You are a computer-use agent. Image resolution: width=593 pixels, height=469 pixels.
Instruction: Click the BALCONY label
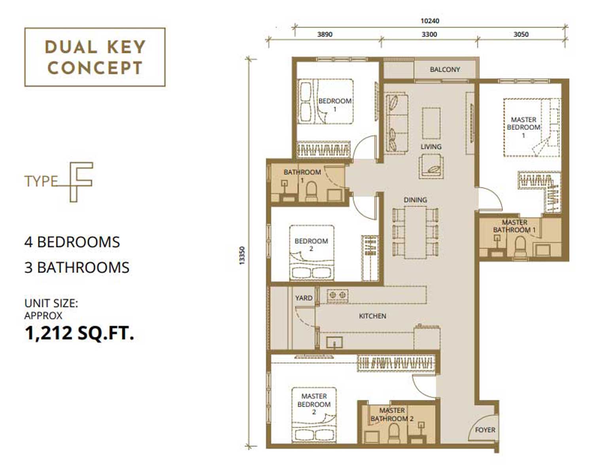(445, 70)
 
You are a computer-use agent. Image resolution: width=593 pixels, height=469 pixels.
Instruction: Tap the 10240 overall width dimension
(430, 21)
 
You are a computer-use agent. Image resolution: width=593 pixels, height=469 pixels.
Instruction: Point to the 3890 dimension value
(325, 34)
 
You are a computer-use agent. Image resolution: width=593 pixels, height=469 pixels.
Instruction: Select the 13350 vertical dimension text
(242, 255)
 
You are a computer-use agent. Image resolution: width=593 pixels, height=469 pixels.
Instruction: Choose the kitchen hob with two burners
(338, 295)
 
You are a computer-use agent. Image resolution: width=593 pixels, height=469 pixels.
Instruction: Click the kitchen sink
(334, 343)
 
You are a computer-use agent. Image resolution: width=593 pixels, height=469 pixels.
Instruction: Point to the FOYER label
(485, 430)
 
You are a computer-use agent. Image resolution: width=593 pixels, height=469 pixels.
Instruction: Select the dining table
(415, 233)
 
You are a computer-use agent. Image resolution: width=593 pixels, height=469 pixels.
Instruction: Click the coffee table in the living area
(431, 123)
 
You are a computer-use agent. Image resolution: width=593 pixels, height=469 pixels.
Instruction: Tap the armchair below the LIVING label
(431, 166)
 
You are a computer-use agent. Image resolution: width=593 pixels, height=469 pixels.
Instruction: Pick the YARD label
(304, 298)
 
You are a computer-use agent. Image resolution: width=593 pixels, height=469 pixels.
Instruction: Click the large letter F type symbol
(81, 182)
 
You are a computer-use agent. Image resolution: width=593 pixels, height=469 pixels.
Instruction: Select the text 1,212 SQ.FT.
(79, 333)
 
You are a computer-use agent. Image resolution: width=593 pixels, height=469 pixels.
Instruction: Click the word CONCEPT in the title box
(95, 68)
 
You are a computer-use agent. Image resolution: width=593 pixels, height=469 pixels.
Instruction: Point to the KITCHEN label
(372, 316)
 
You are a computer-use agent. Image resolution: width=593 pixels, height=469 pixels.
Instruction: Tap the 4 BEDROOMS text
(72, 242)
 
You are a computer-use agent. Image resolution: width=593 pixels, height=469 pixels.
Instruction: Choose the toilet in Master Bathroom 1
(520, 247)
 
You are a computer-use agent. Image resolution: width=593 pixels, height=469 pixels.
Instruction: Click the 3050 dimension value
(521, 34)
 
